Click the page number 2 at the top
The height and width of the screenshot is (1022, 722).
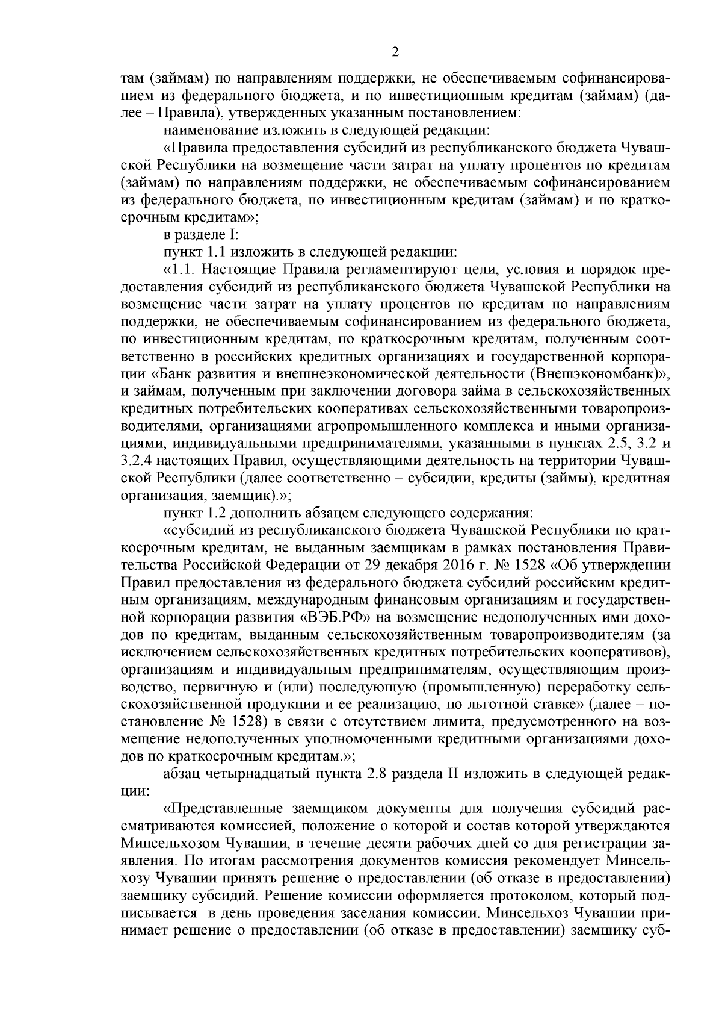395,52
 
